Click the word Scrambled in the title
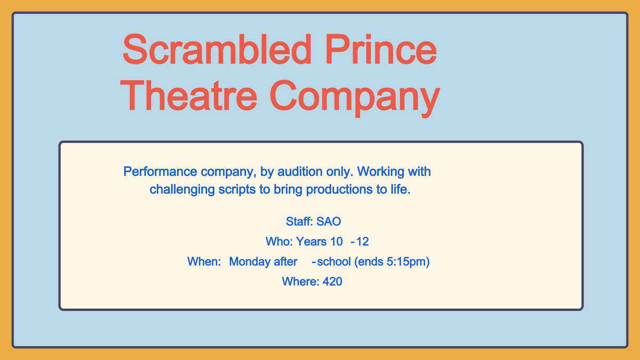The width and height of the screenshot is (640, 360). pyautogui.click(x=217, y=49)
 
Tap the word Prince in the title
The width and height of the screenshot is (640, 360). pyautogui.click(x=381, y=49)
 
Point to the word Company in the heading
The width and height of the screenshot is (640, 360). pyautogui.click(x=355, y=99)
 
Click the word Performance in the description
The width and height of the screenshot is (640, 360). pyautogui.click(x=160, y=171)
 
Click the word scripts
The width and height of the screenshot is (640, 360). pyautogui.click(x=237, y=190)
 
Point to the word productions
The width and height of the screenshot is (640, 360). pyautogui.click(x=339, y=190)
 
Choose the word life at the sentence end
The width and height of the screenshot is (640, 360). pyautogui.click(x=401, y=189)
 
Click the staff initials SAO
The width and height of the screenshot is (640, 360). pyautogui.click(x=329, y=221)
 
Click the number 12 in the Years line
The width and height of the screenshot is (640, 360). pyautogui.click(x=363, y=242)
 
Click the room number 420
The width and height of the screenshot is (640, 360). pyautogui.click(x=332, y=282)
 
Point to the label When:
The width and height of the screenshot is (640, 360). pyautogui.click(x=204, y=261)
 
